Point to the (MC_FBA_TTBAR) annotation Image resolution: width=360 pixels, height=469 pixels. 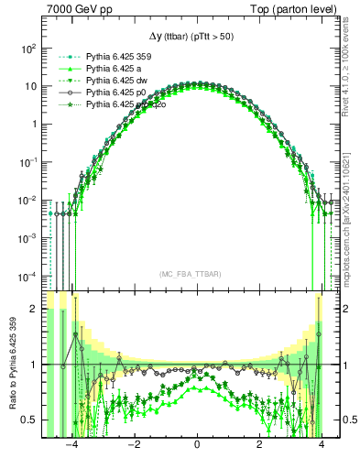coord(196,274)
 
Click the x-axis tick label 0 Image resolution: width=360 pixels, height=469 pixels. coord(197,446)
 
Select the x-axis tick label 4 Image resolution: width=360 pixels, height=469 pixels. coord(322,446)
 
